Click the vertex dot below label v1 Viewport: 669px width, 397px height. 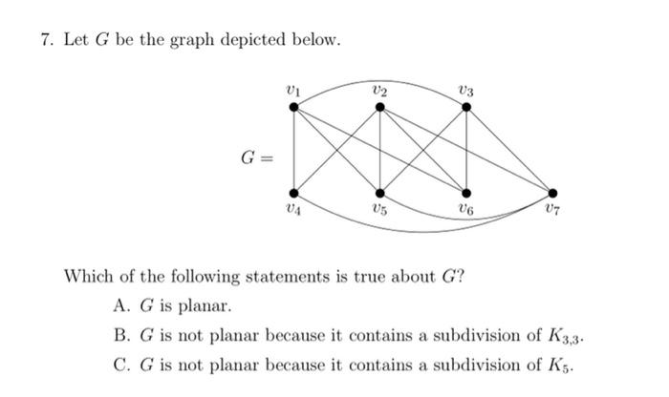293,106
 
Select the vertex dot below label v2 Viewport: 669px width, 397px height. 380,106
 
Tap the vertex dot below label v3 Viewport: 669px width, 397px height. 466,106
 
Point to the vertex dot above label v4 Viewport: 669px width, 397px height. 293,192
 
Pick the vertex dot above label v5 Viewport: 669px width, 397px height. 380,192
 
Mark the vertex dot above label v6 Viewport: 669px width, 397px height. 466,192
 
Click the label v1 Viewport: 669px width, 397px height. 293,89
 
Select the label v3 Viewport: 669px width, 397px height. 466,90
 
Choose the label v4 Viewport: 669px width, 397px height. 292,209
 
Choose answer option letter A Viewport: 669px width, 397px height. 119,306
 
